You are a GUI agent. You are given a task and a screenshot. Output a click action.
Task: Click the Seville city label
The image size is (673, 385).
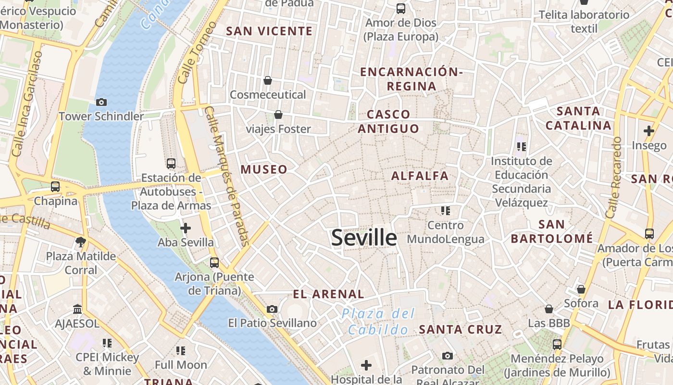tap(364, 238)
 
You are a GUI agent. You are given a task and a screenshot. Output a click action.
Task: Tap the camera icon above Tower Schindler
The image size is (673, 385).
tap(101, 102)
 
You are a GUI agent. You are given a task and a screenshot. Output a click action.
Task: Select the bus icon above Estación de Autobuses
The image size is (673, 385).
tap(171, 164)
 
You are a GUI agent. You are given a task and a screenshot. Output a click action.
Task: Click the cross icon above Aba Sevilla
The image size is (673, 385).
tap(186, 228)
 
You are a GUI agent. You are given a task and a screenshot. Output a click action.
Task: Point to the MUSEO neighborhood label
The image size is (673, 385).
tap(264, 169)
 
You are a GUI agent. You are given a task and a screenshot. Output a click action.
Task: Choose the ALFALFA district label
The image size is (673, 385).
tap(420, 176)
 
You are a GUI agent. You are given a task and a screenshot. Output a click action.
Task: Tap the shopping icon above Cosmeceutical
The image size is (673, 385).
tap(268, 80)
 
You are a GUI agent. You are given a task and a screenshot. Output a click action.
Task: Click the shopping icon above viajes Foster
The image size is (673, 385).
tap(278, 115)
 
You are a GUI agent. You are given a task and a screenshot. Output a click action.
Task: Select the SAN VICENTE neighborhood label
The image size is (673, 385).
tap(269, 31)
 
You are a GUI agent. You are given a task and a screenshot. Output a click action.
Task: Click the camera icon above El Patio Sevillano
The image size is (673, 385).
tap(272, 309)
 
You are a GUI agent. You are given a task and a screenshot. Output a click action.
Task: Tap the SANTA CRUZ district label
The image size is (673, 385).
tap(460, 330)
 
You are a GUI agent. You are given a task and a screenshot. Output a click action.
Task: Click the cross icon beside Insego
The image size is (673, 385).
tap(649, 130)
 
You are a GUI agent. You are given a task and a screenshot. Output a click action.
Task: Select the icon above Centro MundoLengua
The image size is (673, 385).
tap(445, 211)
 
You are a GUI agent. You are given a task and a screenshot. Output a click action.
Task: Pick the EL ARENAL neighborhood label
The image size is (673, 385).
tap(328, 294)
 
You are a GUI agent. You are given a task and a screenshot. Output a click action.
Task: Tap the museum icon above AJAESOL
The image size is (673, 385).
tap(77, 309)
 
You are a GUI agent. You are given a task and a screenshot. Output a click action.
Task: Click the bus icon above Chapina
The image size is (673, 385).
tap(55, 187)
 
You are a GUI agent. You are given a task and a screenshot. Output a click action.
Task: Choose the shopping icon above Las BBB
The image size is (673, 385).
tap(548, 309)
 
